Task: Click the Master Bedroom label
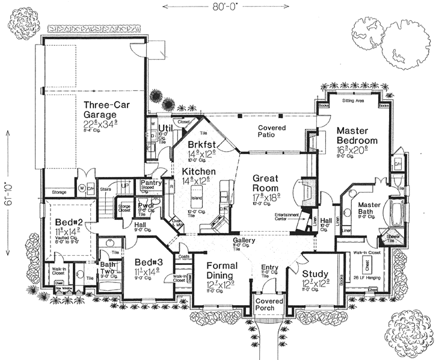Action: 357,135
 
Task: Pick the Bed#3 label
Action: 148,262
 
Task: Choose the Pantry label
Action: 149,182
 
